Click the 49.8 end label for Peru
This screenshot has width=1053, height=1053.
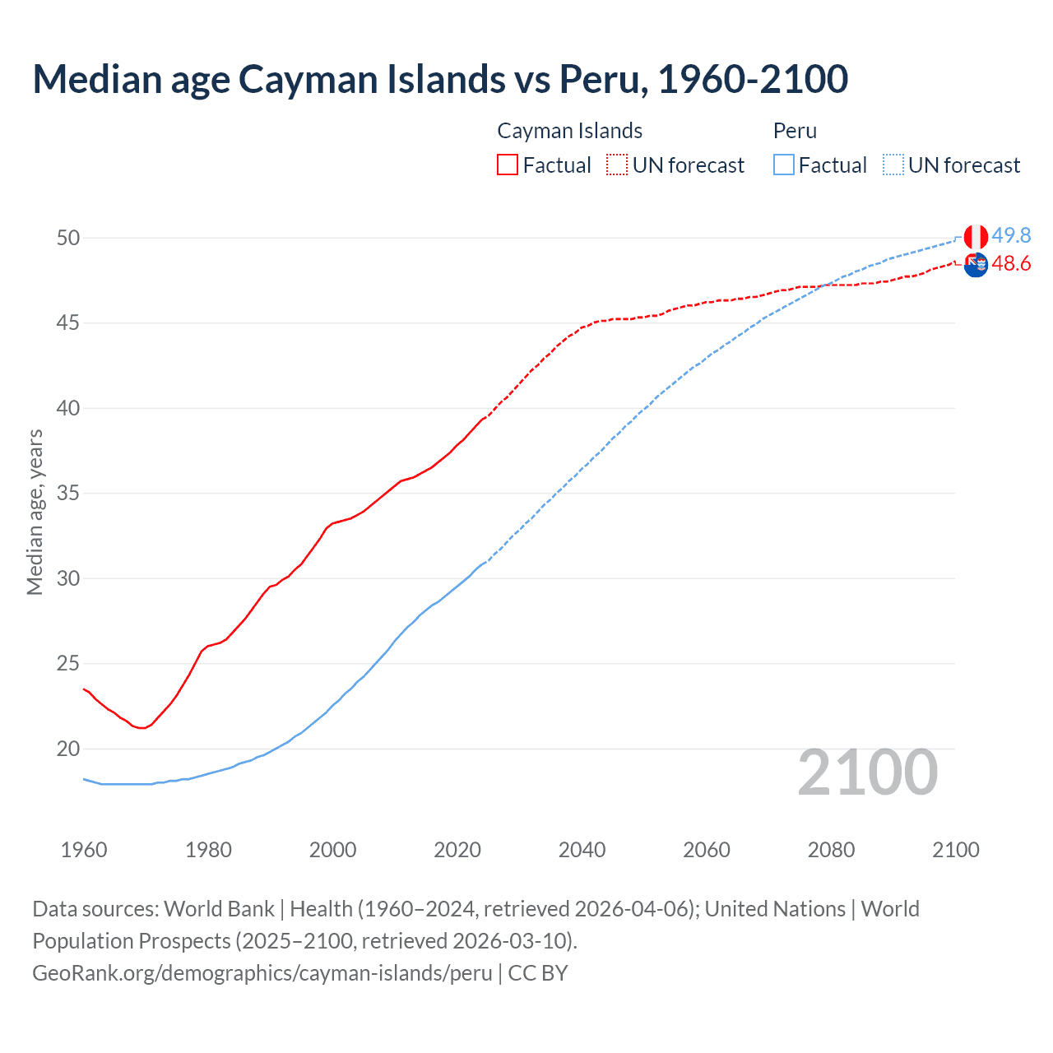(x=1011, y=236)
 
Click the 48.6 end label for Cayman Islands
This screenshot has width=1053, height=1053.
(x=1011, y=264)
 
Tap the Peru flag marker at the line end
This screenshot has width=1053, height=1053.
(x=976, y=237)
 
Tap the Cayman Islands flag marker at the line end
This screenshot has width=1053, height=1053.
(x=976, y=265)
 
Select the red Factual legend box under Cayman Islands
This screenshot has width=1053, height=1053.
(x=508, y=165)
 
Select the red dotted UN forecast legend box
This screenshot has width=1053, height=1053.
(x=617, y=165)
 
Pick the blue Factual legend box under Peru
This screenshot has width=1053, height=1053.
(x=783, y=165)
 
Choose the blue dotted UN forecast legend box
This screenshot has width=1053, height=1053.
(x=893, y=165)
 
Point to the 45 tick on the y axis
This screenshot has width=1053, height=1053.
(x=68, y=323)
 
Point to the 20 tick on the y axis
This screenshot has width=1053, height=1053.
(x=68, y=749)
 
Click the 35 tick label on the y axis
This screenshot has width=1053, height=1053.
(x=68, y=494)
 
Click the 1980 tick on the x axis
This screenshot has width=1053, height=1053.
(x=208, y=850)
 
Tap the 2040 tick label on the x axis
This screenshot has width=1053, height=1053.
(x=582, y=850)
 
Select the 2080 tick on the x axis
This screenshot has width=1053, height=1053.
(x=831, y=850)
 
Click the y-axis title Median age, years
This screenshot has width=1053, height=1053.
(x=35, y=512)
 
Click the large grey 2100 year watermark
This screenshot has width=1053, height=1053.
(x=867, y=772)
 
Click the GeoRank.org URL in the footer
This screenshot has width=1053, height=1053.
(x=262, y=973)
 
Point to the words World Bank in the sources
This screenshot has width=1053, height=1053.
(x=219, y=909)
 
